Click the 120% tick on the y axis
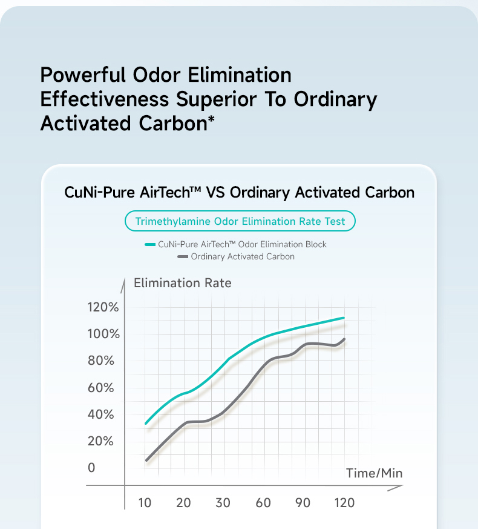tap(103, 307)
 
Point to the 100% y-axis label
tap(103, 334)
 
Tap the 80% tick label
tap(101, 361)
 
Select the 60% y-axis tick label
tap(101, 388)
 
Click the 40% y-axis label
tap(101, 414)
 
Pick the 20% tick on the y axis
tap(101, 441)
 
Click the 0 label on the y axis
tap(91, 468)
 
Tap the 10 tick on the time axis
tap(145, 503)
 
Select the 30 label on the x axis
tap(223, 503)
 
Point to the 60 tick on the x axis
tap(263, 503)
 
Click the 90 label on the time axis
tap(303, 503)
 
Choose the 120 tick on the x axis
tap(344, 503)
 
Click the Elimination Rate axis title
tap(182, 283)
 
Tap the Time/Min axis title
tap(374, 473)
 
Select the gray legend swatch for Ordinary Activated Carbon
tap(183, 257)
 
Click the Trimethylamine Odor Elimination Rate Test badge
tap(240, 221)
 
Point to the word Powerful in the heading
tap(82, 75)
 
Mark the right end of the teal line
tap(344, 318)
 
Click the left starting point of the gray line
tap(146, 461)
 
